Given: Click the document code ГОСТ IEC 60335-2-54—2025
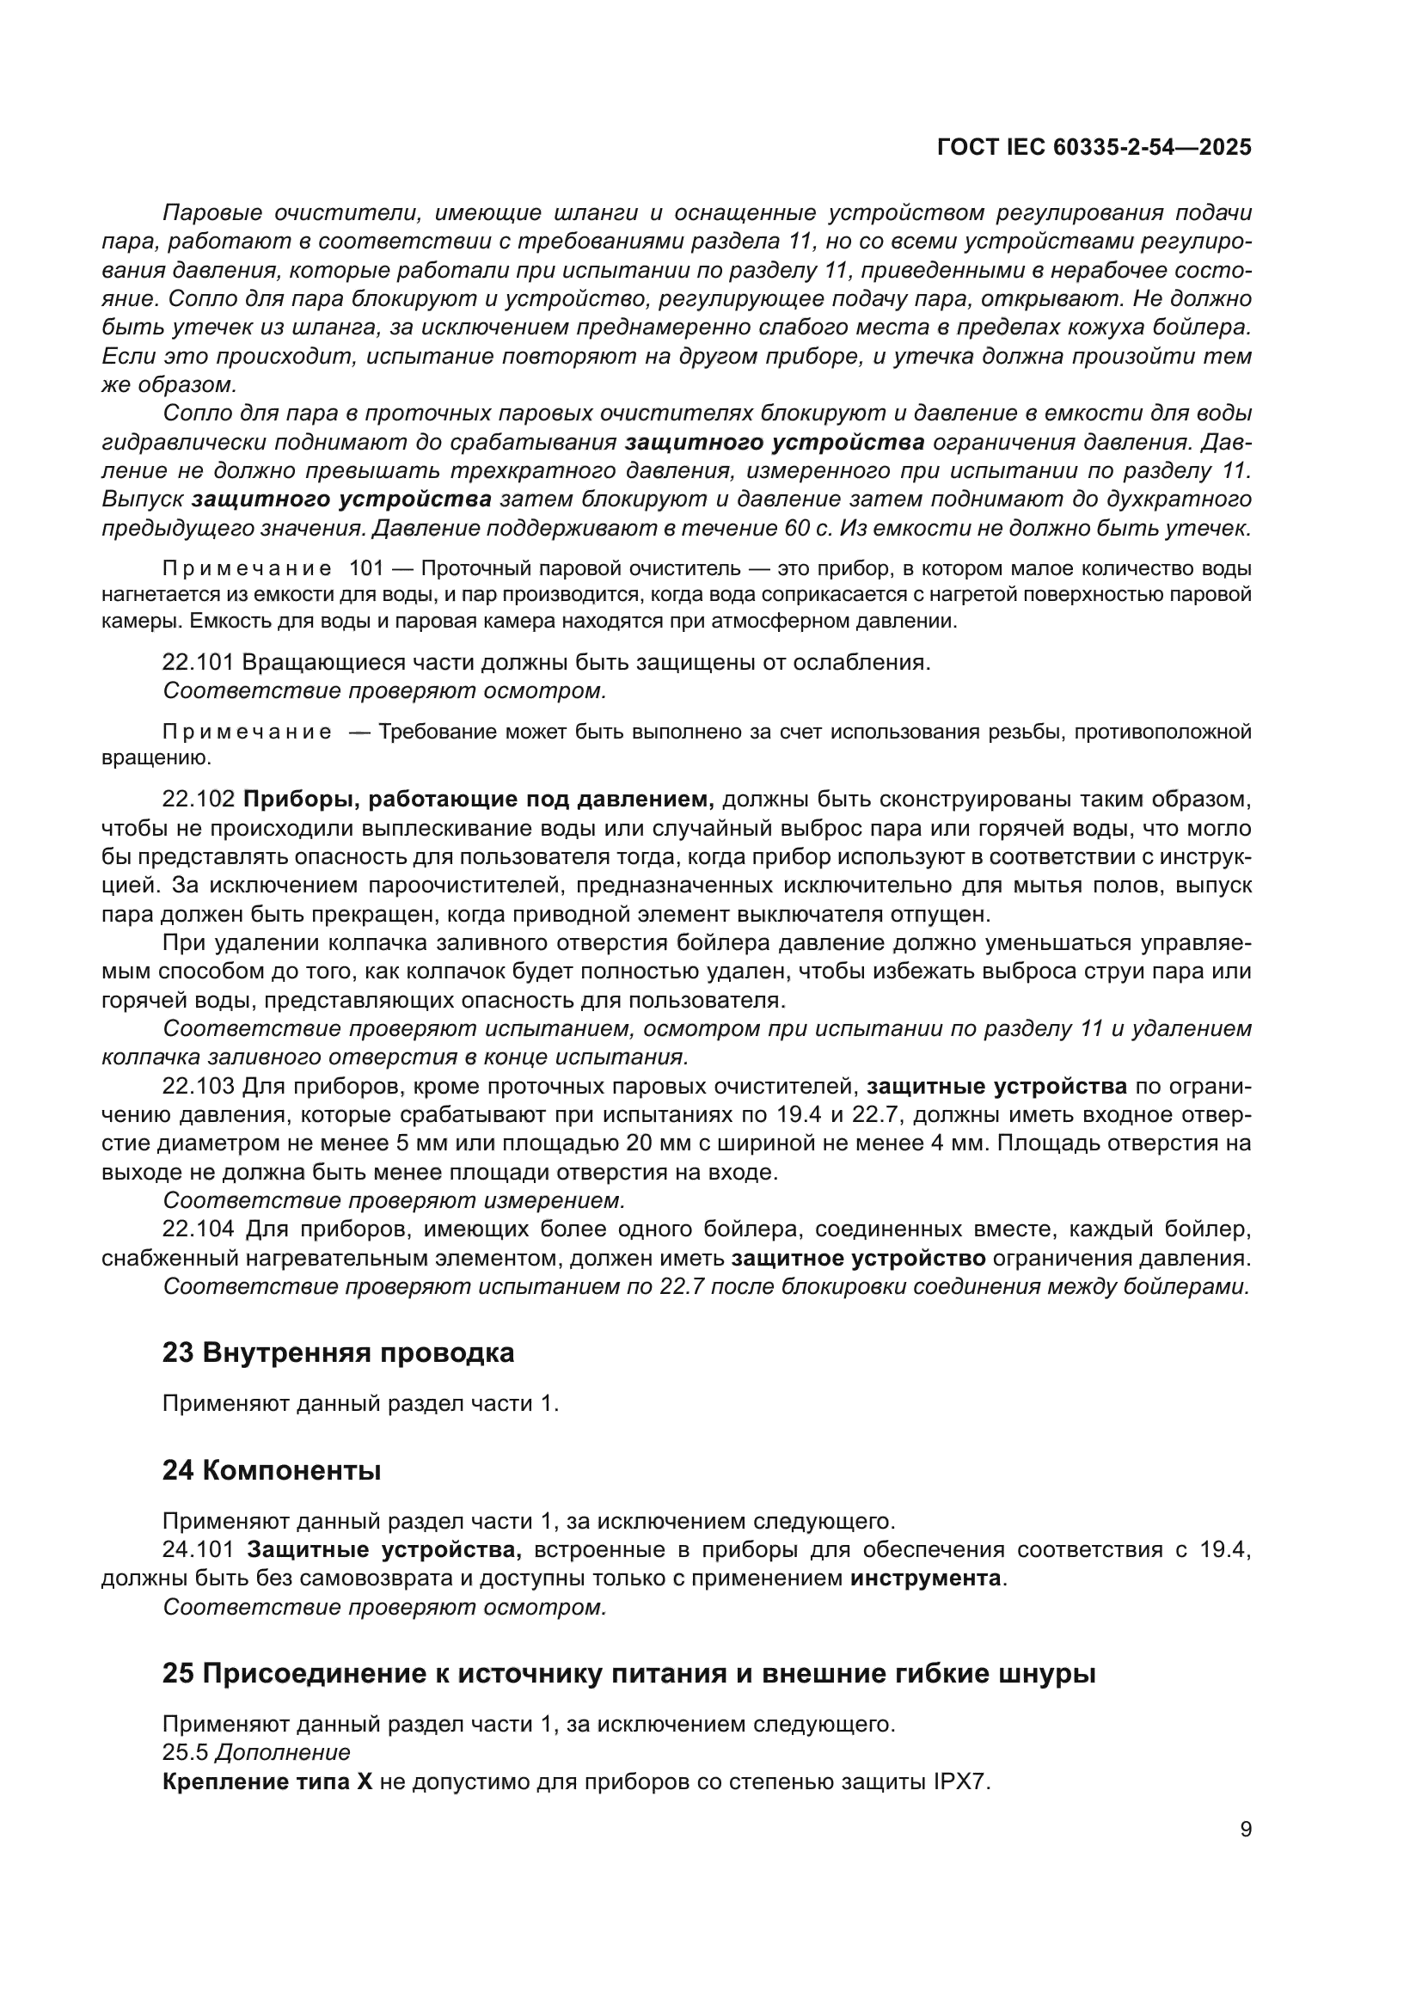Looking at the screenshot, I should coord(1094,147).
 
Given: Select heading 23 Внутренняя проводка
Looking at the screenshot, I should coord(338,1353).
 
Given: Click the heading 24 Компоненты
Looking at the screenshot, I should coord(272,1470).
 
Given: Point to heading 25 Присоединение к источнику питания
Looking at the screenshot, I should coord(628,1674).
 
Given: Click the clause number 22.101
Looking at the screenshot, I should coord(198,662).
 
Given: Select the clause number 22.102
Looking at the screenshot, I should coord(199,799).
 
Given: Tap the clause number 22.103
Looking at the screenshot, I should coord(199,1086).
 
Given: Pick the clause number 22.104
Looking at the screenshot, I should coord(199,1229).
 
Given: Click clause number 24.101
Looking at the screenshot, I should coord(199,1549).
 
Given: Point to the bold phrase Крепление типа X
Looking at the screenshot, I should coord(267,1781).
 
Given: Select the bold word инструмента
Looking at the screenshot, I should coord(926,1579).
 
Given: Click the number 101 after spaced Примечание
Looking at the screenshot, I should coord(367,568).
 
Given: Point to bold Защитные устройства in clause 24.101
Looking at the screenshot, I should coord(384,1549).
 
